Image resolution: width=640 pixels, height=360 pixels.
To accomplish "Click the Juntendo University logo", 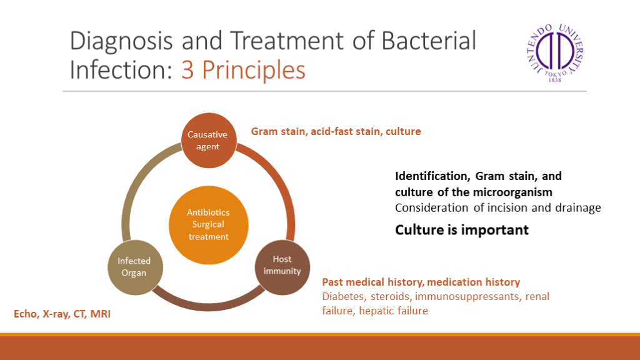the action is tap(555, 52).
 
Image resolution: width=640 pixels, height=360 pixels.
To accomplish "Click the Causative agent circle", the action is tap(209, 141).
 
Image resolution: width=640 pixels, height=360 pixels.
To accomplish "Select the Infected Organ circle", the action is tap(136, 267).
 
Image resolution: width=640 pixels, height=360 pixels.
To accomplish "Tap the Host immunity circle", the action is tap(282, 267).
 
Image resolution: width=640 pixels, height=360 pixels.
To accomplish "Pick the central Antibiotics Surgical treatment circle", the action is tap(209, 225).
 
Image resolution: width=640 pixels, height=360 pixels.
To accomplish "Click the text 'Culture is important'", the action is tap(462, 230).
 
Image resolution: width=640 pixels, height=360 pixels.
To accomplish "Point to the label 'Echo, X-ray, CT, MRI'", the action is tap(62, 314).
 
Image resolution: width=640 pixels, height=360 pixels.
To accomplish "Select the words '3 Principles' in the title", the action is tap(243, 70).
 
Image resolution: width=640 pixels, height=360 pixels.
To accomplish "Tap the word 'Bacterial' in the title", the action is tap(429, 41).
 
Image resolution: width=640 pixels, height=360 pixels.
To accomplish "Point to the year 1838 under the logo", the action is tap(555, 80).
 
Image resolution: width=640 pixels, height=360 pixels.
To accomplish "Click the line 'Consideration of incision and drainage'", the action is tap(498, 208).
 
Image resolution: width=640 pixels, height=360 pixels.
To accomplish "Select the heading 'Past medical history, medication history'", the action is tap(421, 282).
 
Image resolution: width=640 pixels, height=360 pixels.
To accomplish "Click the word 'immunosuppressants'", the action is tap(467, 297).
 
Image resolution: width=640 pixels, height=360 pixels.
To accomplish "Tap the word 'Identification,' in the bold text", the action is tap(432, 176).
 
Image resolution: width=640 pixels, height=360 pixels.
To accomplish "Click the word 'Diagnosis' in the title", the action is tap(121, 41).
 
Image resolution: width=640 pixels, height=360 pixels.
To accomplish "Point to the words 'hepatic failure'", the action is tap(394, 311).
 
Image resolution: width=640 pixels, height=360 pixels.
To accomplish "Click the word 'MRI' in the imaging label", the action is tap(101, 314).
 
